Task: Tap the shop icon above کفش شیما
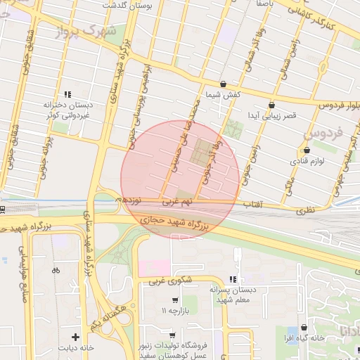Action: pyautogui.click(x=224, y=84)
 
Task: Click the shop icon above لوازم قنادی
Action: pyautogui.click(x=306, y=150)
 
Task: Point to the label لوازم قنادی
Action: pyautogui.click(x=307, y=161)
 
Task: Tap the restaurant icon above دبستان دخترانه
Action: pyautogui.click(x=68, y=94)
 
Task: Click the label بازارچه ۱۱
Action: pyautogui.click(x=176, y=310)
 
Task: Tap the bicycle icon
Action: pyautogui.click(x=56, y=270)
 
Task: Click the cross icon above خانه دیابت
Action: pyautogui.click(x=75, y=337)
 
